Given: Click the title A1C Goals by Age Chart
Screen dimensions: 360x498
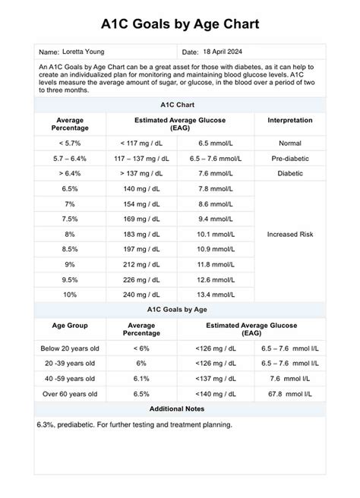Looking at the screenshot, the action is point(180,24).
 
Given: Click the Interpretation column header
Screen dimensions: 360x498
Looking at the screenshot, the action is point(289,120).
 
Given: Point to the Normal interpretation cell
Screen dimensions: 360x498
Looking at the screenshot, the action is point(289,143).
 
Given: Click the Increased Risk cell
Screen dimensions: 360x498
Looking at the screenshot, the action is point(289,235).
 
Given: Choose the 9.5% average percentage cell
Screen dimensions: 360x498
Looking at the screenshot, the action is point(70,280).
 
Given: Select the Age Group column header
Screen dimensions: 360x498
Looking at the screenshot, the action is point(69,325).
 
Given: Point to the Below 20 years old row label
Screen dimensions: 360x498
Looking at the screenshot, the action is point(69,348).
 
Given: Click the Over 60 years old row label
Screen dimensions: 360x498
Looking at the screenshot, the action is point(69,394).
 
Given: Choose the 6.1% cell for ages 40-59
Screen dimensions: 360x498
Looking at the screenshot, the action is point(141,379).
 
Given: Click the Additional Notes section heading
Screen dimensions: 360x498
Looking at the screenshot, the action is point(180,409).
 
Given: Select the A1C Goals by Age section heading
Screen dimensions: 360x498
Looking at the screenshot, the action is point(180,310).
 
